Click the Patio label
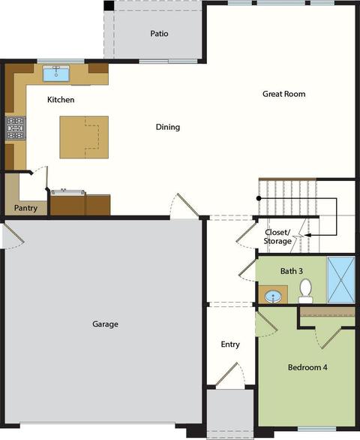(x=159, y=34)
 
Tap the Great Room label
(x=284, y=94)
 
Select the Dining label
(x=168, y=127)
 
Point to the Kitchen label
(x=61, y=100)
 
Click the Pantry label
(x=25, y=208)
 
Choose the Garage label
(x=105, y=324)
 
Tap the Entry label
(x=230, y=345)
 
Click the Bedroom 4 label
(x=307, y=367)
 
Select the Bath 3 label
(x=292, y=271)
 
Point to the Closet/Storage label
(x=277, y=237)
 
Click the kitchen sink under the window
(x=56, y=74)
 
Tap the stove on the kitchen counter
(x=16, y=128)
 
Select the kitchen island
(x=84, y=137)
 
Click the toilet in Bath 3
(x=305, y=291)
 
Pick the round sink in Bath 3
(x=273, y=297)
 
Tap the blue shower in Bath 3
(x=341, y=280)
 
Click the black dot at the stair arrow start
(x=259, y=198)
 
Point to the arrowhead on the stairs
(x=307, y=235)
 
